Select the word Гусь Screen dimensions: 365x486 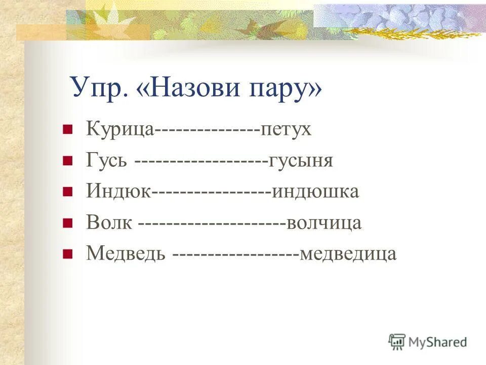click(x=107, y=161)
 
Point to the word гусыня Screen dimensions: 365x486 click(x=301, y=161)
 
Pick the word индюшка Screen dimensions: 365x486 click(x=315, y=192)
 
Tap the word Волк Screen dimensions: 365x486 click(x=109, y=223)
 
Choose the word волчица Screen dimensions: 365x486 click(x=324, y=223)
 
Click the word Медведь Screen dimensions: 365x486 click(x=126, y=253)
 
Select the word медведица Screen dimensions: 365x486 click(x=348, y=253)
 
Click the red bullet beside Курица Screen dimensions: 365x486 click(x=66, y=130)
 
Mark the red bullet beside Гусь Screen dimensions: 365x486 click(x=66, y=162)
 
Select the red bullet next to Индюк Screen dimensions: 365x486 click(x=66, y=192)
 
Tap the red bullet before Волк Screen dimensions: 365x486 click(x=66, y=224)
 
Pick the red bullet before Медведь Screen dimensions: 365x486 click(x=66, y=254)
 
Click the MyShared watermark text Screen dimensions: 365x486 click(x=438, y=342)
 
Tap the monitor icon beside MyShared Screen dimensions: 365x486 click(x=397, y=342)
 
